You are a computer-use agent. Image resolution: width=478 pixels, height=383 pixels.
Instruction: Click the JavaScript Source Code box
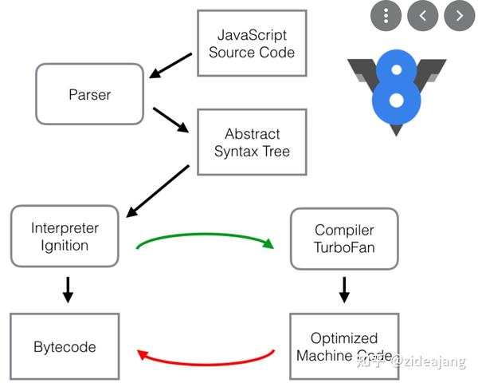[252, 43]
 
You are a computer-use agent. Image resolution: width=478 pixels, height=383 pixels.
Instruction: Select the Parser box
[89, 94]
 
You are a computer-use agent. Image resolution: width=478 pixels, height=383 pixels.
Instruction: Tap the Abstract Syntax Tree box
[252, 142]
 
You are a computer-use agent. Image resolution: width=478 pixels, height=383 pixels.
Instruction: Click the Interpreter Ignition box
[65, 236]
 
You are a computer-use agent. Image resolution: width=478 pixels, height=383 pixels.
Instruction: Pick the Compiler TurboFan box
[344, 239]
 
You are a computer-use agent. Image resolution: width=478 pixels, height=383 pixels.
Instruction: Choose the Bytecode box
[65, 346]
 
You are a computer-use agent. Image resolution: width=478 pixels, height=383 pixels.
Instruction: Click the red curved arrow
[204, 364]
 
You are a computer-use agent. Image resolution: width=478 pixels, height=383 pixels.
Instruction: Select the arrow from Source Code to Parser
[170, 65]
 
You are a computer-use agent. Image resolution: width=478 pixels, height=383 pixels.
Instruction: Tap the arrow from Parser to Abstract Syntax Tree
[170, 120]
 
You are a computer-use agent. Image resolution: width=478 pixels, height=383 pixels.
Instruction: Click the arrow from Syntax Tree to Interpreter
[158, 191]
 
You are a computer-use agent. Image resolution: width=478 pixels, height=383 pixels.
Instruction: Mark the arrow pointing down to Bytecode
[68, 290]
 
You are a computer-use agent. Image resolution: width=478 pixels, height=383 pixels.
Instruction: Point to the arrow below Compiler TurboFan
[344, 290]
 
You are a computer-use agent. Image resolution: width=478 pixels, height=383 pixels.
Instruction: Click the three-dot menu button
[386, 16]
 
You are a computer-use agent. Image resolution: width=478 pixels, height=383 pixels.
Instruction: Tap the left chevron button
[423, 16]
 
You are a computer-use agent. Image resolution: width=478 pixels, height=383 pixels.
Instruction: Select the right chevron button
[460, 16]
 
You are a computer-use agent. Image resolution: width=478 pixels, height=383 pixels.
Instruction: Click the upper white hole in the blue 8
[396, 69]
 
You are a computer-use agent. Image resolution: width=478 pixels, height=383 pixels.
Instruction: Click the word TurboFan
[344, 247]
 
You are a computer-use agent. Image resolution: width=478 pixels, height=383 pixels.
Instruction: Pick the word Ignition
[65, 246]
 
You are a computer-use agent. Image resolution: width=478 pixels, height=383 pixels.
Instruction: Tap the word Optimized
[344, 338]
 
